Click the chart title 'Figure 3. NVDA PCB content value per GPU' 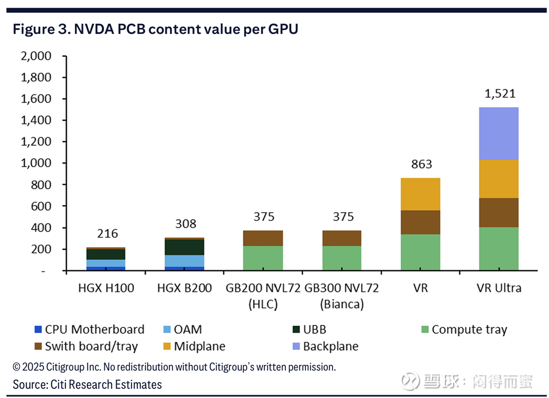click(155, 29)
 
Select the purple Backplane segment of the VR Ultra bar click(499, 133)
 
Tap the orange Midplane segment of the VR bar click(420, 194)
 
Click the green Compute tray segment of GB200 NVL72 click(263, 258)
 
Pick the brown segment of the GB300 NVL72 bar click(341, 238)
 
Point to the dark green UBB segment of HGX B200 click(184, 247)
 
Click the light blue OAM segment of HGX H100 click(105, 263)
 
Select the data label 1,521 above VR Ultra click(499, 94)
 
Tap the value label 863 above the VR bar click(421, 164)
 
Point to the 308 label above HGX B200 click(185, 224)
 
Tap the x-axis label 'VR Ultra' click(499, 288)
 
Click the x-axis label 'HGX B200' click(185, 288)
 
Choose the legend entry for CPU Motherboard click(89, 329)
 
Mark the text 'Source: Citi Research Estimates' click(87, 384)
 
